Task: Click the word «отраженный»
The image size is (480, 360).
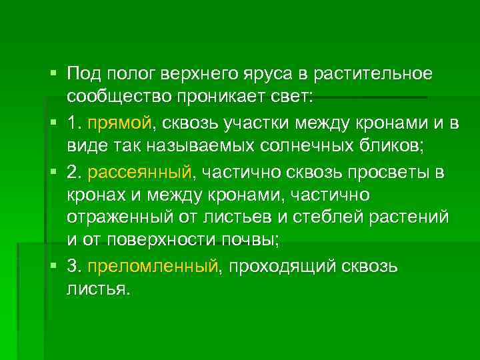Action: pos(114,217)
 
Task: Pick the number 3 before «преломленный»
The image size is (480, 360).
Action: pos(73,267)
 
